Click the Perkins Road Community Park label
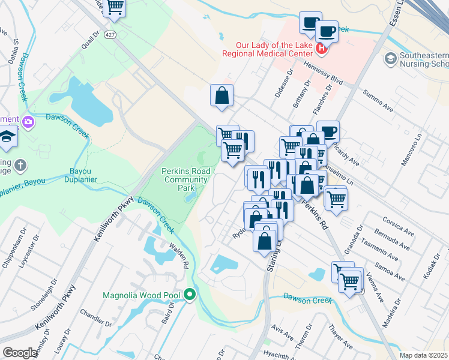point(186,179)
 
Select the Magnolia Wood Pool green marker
point(190,295)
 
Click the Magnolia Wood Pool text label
point(142,295)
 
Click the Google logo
point(20,353)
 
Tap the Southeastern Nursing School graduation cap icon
point(391,58)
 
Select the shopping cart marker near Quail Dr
point(115,8)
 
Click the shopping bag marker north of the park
point(221,95)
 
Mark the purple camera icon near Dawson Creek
point(28,122)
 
